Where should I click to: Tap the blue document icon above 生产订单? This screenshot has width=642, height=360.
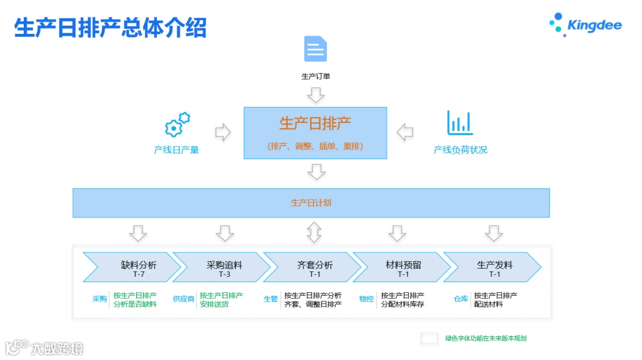pyautogui.click(x=316, y=49)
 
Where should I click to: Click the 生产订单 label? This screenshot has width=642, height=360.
pyautogui.click(x=315, y=76)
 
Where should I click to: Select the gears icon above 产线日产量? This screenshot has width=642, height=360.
pyautogui.click(x=177, y=125)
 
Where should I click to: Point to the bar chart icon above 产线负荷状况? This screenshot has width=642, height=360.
pyautogui.click(x=460, y=123)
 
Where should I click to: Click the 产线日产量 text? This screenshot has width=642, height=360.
pyautogui.click(x=177, y=150)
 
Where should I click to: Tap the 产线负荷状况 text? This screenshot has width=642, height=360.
pyautogui.click(x=460, y=150)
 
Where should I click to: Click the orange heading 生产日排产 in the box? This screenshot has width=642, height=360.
pyautogui.click(x=315, y=124)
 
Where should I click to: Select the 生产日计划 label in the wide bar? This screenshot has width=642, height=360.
pyautogui.click(x=311, y=203)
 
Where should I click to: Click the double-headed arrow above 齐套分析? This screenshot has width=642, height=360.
pyautogui.click(x=314, y=232)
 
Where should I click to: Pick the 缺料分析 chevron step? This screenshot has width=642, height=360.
pyautogui.click(x=133, y=267)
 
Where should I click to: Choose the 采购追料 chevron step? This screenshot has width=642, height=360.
pyautogui.click(x=223, y=267)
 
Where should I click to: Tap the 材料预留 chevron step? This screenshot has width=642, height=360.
pyautogui.click(x=402, y=267)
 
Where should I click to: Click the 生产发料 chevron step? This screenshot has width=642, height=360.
pyautogui.click(x=493, y=267)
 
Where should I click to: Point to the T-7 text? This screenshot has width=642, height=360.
pyautogui.click(x=139, y=274)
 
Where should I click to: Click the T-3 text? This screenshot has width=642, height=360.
pyautogui.click(x=224, y=274)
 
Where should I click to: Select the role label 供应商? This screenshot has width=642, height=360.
pyautogui.click(x=184, y=299)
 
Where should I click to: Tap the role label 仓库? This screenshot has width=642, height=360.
pyautogui.click(x=461, y=299)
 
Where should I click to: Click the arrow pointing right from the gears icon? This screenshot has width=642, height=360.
pyautogui.click(x=223, y=132)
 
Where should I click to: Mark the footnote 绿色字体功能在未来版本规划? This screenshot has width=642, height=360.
pyautogui.click(x=486, y=339)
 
